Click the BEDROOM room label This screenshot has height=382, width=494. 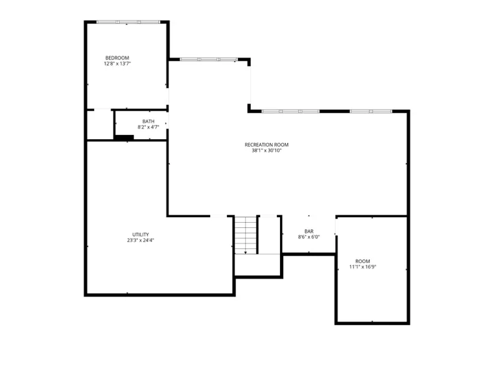click(x=117, y=58)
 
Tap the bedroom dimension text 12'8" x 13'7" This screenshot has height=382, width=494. click(x=117, y=64)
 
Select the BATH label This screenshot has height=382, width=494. click(x=148, y=121)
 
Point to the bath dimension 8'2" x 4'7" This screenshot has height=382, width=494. click(x=148, y=127)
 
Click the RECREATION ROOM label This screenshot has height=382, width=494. click(x=266, y=145)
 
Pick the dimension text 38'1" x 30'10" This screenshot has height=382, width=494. click(x=266, y=150)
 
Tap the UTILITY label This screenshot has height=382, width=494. click(x=140, y=235)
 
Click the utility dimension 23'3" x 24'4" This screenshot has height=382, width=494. click(x=140, y=240)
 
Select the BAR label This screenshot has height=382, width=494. click(x=309, y=232)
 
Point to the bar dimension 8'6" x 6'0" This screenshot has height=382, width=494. click(x=309, y=237)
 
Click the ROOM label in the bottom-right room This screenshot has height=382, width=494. click(x=362, y=262)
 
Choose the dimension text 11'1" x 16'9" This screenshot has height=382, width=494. click(x=362, y=267)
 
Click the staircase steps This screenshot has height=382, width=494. click(x=246, y=235)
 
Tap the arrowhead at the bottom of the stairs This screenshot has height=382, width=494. click(x=246, y=252)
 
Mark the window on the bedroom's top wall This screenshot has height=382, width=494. click(x=128, y=22)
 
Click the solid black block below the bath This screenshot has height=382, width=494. click(x=124, y=137)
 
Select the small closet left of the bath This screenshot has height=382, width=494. click(x=100, y=124)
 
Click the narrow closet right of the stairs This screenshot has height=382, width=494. click(x=269, y=235)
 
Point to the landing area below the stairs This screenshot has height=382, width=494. click(x=258, y=265)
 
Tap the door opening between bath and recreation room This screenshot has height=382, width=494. click(x=167, y=120)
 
